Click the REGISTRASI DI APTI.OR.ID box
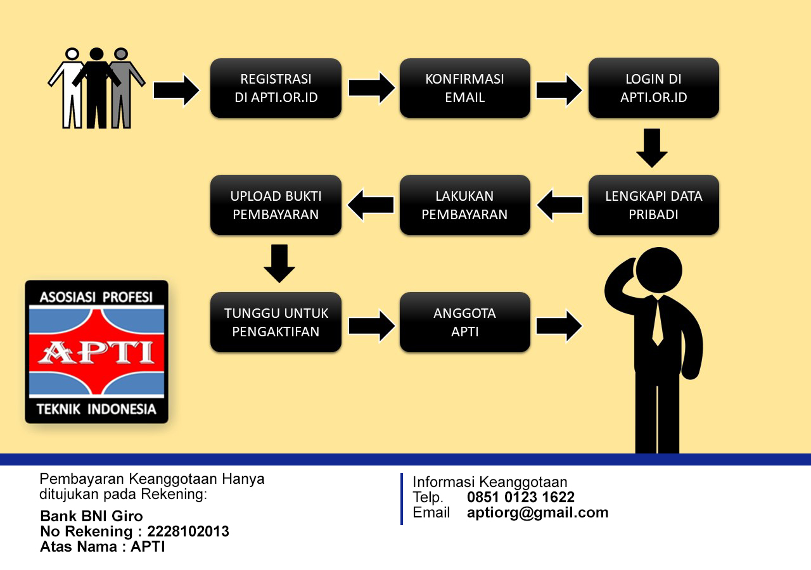tap(276, 88)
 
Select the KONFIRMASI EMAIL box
tap(464, 88)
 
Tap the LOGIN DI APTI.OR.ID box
tap(653, 88)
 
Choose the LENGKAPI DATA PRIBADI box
tap(653, 205)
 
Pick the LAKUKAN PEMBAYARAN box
tap(464, 205)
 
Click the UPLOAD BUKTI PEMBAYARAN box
tap(276, 205)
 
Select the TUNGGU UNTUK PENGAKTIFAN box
tap(276, 322)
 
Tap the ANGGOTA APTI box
tap(464, 322)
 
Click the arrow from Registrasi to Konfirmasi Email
tap(371, 88)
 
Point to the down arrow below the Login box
tap(652, 148)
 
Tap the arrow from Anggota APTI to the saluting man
tap(559, 326)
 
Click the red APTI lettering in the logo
tap(96, 352)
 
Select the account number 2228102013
tap(188, 531)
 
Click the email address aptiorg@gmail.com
tap(537, 513)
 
